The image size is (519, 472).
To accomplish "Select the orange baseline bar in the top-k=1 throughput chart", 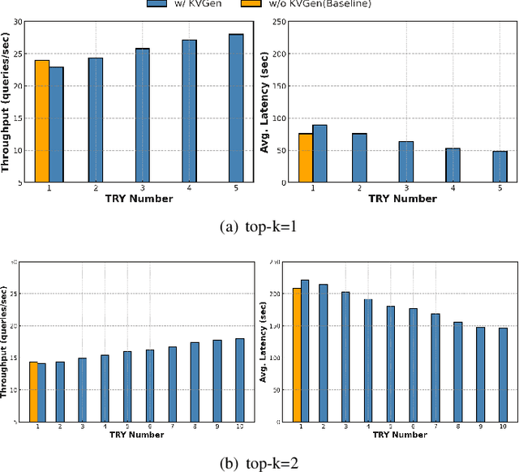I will [x=41, y=121].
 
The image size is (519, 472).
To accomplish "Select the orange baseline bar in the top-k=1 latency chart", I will [x=306, y=157].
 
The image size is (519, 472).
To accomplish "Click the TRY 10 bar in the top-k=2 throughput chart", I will [x=239, y=380].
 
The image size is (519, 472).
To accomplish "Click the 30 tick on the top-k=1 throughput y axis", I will [x=17, y=22].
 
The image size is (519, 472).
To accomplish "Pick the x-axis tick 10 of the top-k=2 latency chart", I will [x=503, y=426].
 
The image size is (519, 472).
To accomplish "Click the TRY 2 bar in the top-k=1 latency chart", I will [x=359, y=157].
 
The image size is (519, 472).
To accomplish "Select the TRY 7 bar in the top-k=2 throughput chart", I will [x=173, y=384].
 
